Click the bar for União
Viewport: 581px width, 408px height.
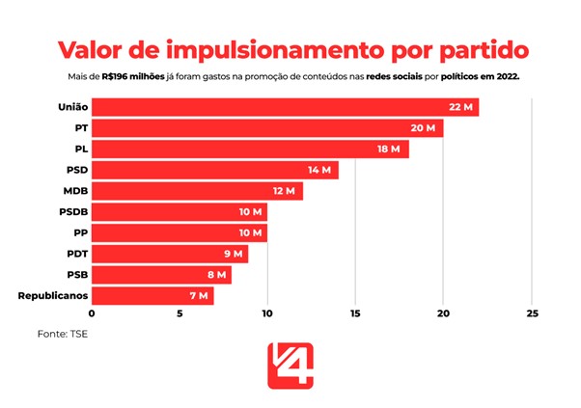(x=285, y=107)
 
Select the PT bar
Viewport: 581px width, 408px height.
(x=267, y=128)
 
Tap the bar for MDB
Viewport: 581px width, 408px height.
(x=197, y=191)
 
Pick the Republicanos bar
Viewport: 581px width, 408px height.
(x=152, y=295)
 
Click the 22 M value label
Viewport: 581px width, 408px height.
(x=460, y=107)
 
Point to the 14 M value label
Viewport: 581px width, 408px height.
(x=319, y=170)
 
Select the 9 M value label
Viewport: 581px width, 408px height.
(x=233, y=254)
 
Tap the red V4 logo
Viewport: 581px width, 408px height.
(x=290, y=367)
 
